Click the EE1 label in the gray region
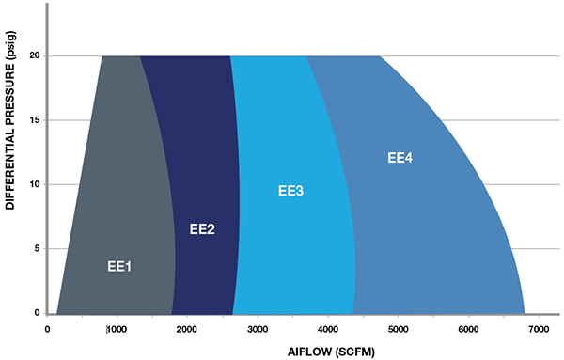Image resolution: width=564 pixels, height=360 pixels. coord(119,267)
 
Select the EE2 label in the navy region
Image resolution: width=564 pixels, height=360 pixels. coord(203,228)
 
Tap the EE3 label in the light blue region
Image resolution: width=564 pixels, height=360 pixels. coord(291,191)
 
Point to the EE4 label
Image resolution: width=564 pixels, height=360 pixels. coord(400,157)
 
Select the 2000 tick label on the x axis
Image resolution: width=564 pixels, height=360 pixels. coord(187,329)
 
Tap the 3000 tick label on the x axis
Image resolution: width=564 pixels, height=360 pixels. coord(257,329)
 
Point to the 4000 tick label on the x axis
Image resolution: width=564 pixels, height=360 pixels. coord(327,329)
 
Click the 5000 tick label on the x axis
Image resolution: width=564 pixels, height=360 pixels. coord(398,329)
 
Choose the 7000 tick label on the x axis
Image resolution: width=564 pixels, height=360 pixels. coord(538,329)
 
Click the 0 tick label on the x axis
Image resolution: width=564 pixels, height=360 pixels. coord(47,329)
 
